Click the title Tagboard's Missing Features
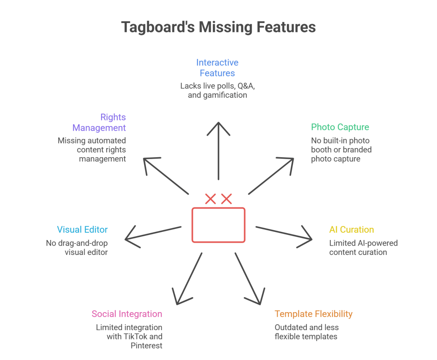point(218,27)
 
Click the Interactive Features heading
point(217,68)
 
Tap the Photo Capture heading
point(340,127)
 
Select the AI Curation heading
point(351,229)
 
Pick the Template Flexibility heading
point(313,314)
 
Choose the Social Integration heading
point(127,314)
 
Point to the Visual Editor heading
point(82,229)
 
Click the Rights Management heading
point(99,123)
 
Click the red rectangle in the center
point(218,225)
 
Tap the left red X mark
point(210,199)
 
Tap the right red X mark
point(226,199)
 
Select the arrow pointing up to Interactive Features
point(218,149)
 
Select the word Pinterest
point(146,345)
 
